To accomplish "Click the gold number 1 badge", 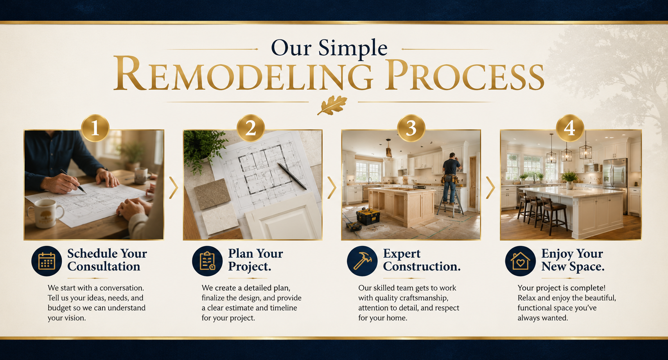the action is [95, 128].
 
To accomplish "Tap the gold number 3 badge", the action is [411, 128].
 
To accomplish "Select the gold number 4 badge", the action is [569, 128].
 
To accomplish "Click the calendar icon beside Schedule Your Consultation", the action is [47, 261].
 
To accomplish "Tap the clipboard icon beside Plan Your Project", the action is [207, 261].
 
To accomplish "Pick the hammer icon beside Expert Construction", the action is [362, 261].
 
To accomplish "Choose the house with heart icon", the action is [521, 261].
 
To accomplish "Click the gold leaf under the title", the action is [332, 105].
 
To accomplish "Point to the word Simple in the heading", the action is [353, 48].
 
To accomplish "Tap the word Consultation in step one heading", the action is [104, 267].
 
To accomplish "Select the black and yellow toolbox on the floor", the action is [368, 216].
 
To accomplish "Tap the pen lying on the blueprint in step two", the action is [292, 176].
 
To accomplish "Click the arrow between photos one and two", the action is [174, 188].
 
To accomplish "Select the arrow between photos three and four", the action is [490, 188].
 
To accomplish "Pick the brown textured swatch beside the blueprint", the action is [212, 194].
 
